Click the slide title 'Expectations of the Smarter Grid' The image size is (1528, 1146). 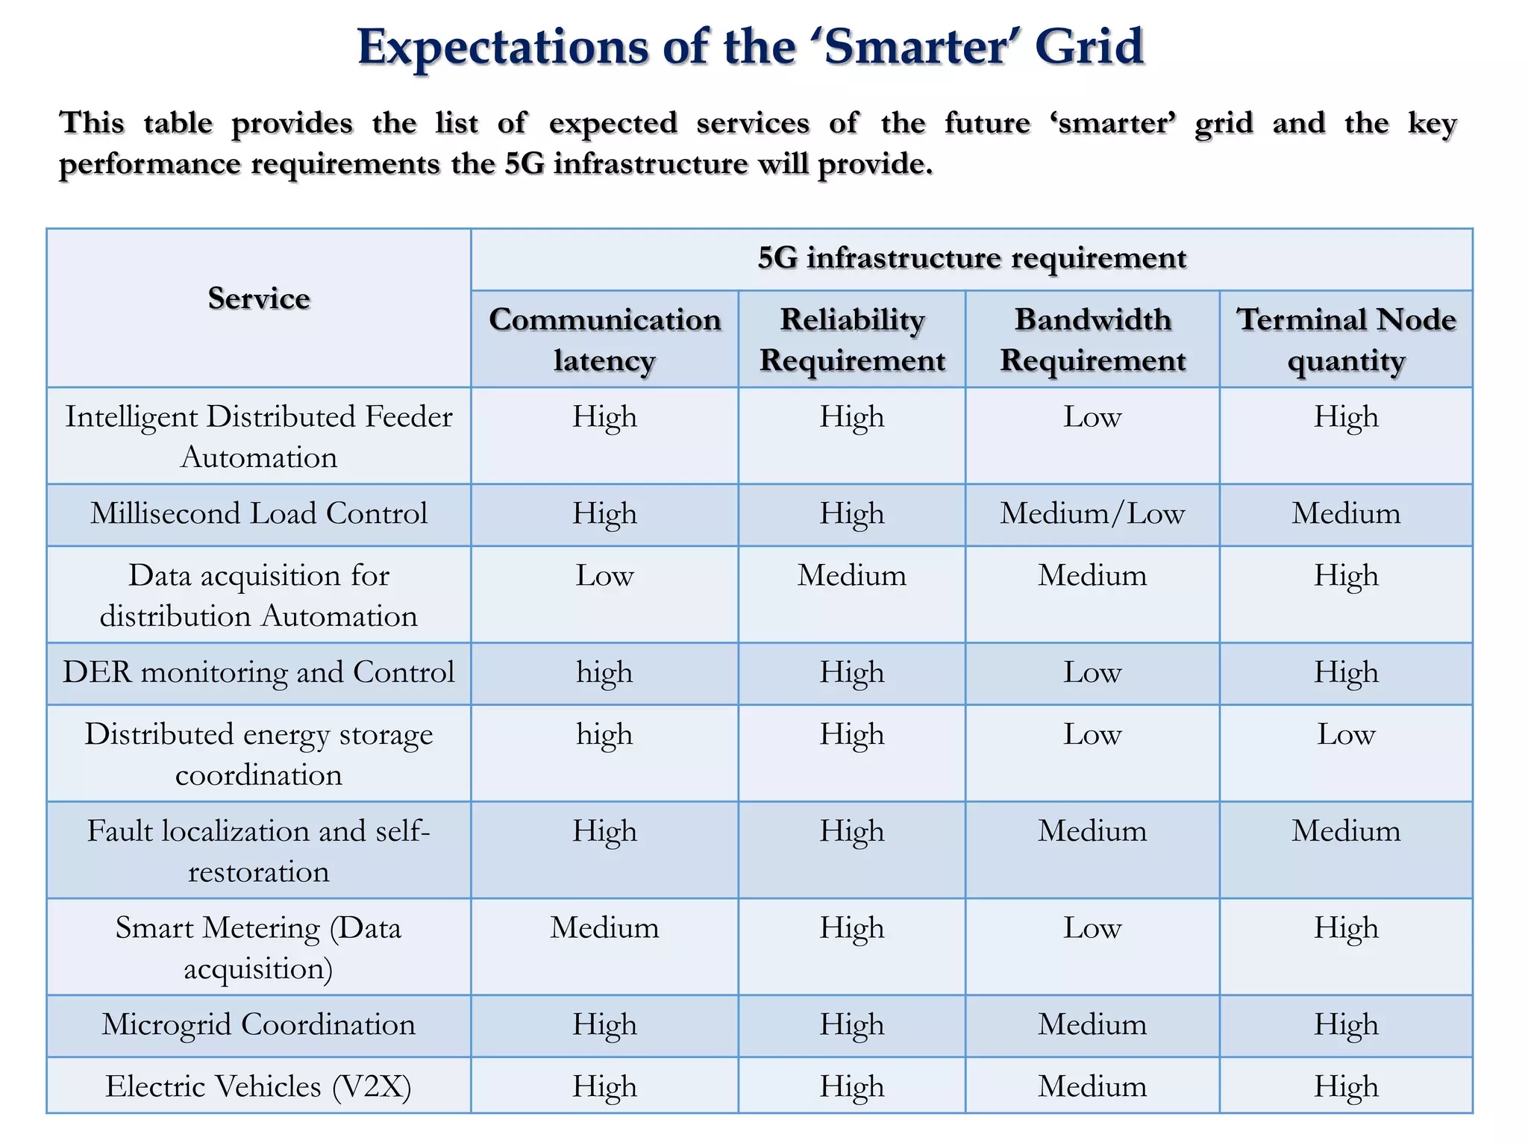pyautogui.click(x=750, y=47)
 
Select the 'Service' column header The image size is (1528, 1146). pyautogui.click(x=259, y=298)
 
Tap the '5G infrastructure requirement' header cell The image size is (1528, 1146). pyautogui.click(x=971, y=258)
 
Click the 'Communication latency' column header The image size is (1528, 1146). pyautogui.click(x=604, y=339)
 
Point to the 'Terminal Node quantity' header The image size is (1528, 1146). pyautogui.click(x=1346, y=339)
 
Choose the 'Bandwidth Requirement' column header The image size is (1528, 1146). pyautogui.click(x=1092, y=339)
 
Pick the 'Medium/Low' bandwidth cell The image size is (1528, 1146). pyautogui.click(x=1092, y=513)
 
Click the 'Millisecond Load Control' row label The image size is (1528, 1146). pyautogui.click(x=259, y=513)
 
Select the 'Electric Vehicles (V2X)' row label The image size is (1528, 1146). pyautogui.click(x=259, y=1086)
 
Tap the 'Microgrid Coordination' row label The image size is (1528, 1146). pyautogui.click(x=259, y=1024)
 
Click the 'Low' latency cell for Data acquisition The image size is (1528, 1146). pyautogui.click(x=604, y=575)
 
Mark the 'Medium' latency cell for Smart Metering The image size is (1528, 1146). pyautogui.click(x=604, y=928)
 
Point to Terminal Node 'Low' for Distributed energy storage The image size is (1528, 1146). pyautogui.click(x=1346, y=734)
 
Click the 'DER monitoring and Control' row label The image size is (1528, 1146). pyautogui.click(x=259, y=672)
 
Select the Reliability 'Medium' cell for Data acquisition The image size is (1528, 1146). pyautogui.click(x=852, y=575)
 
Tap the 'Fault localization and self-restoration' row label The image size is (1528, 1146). pyautogui.click(x=259, y=851)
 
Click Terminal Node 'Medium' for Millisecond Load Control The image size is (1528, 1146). pyautogui.click(x=1346, y=513)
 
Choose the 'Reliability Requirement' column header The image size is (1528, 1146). pyautogui.click(x=852, y=339)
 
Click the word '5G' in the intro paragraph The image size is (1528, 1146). pyautogui.click(x=525, y=164)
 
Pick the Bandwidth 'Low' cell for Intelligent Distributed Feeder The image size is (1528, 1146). pyautogui.click(x=1092, y=416)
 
